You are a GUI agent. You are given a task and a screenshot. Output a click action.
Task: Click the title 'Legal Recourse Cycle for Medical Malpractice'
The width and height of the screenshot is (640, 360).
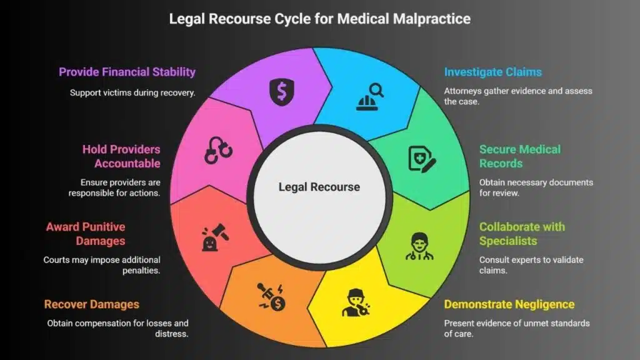[x=319, y=19]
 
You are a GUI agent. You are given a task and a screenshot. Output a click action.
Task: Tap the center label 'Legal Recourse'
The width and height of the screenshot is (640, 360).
[x=319, y=187]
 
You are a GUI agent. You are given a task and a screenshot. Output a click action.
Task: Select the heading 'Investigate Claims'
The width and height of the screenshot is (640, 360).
[x=493, y=72]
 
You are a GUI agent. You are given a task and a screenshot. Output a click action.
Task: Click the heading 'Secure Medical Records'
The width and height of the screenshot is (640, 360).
[x=520, y=156]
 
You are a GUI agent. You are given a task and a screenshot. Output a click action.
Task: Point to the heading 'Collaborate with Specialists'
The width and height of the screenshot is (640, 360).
[x=522, y=234]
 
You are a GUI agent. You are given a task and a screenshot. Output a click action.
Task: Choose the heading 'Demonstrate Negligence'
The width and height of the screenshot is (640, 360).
[x=509, y=304]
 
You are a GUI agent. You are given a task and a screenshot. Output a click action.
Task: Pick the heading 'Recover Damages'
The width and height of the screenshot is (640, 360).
[x=91, y=304]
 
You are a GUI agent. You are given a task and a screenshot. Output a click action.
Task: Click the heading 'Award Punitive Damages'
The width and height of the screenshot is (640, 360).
[x=86, y=234]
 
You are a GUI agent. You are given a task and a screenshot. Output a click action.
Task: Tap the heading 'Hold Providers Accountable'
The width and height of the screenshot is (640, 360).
[x=121, y=156]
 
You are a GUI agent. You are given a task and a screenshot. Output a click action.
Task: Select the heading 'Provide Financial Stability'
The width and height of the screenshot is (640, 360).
[x=127, y=72]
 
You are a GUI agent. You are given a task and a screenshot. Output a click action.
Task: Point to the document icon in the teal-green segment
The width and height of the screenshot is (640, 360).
[x=422, y=158]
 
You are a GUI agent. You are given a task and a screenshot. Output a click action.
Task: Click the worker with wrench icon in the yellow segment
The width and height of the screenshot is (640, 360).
[x=354, y=302]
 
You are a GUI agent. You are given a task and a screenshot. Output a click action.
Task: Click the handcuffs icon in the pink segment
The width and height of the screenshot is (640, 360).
[x=218, y=151]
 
